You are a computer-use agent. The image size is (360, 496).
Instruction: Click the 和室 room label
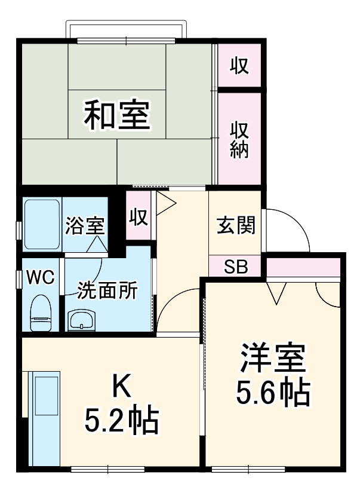pyautogui.click(x=116, y=115)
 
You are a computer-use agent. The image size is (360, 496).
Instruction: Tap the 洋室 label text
pyautogui.click(x=273, y=359)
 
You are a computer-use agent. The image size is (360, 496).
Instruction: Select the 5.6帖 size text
pyautogui.click(x=273, y=392)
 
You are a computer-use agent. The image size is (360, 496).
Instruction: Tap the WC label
pyautogui.click(x=41, y=277)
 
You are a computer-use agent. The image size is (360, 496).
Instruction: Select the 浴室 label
pyautogui.click(x=85, y=226)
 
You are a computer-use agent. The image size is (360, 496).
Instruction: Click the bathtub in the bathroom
pyautogui.click(x=41, y=225)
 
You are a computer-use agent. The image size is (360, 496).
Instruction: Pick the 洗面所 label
pyautogui.click(x=107, y=291)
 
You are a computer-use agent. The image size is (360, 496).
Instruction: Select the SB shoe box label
pyautogui.click(x=235, y=267)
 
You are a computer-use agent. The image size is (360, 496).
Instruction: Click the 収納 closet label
pyautogui.click(x=239, y=139)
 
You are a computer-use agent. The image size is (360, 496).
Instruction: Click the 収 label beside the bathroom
pyautogui.click(x=139, y=216)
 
